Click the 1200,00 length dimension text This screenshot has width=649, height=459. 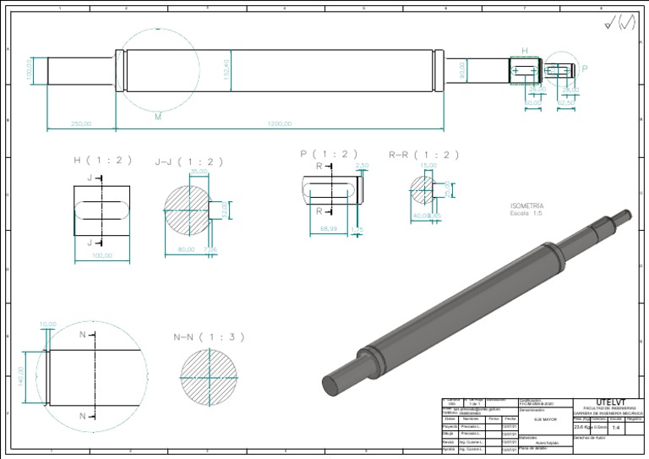[279, 123]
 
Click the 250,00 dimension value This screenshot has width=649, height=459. [81, 123]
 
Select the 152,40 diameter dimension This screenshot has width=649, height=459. [226, 69]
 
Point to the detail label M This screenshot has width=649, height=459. [157, 117]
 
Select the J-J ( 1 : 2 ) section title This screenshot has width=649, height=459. [189, 161]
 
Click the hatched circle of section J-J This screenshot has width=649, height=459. [185, 208]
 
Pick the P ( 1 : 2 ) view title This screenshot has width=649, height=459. [329, 154]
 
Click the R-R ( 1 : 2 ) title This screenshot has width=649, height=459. [424, 155]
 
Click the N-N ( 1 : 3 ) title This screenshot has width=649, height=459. [209, 337]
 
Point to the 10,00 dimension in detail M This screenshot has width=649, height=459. [48, 324]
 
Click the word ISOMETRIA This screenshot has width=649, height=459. [527, 205]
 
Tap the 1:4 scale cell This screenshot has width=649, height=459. [616, 428]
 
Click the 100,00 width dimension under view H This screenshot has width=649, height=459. [101, 254]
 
